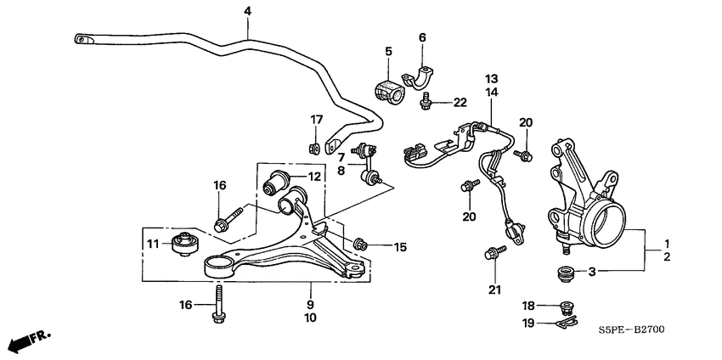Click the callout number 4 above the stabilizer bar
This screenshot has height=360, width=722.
coord(247,11)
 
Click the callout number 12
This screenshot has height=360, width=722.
coord(314,177)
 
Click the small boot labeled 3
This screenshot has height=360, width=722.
coord(562,273)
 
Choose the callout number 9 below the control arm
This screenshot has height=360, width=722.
coord(310,304)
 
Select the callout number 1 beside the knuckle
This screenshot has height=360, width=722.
coord(667,242)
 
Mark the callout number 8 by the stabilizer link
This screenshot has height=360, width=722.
coord(340,170)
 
